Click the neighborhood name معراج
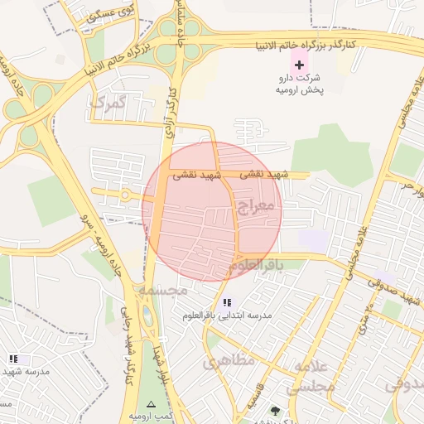point(253,205)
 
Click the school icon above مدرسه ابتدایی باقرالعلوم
point(228,302)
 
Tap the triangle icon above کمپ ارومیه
point(150,403)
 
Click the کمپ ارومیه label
point(150,416)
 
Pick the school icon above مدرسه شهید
point(13,359)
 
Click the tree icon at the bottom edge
point(274,412)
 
